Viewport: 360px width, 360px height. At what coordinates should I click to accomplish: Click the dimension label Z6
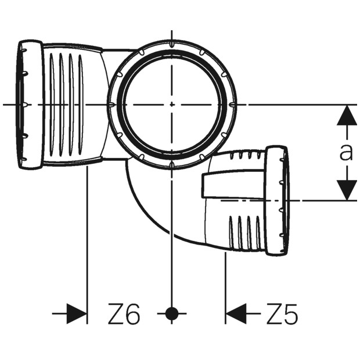pyautogui.click(x=124, y=314)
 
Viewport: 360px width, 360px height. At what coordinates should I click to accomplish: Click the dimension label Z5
pyautogui.click(x=282, y=314)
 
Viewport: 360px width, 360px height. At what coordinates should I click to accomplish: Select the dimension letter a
pyautogui.click(x=346, y=152)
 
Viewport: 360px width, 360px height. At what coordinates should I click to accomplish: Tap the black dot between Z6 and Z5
pyautogui.click(x=172, y=314)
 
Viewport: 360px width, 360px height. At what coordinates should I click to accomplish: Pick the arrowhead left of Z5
pyautogui.click(x=236, y=314)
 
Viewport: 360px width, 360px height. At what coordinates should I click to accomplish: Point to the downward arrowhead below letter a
pyautogui.click(x=347, y=190)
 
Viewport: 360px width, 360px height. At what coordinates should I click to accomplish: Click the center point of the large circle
pyautogui.click(x=172, y=105)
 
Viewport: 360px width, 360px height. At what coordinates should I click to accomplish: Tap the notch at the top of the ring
pyautogui.click(x=172, y=44)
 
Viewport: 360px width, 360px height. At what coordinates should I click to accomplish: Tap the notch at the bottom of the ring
pyautogui.click(x=172, y=165)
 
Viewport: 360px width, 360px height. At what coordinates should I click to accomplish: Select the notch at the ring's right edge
pyautogui.click(x=233, y=105)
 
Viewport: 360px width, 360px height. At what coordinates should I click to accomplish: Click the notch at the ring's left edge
pyautogui.click(x=111, y=105)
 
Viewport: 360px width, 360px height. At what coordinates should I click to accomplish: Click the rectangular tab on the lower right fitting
pyautogui.click(x=232, y=183)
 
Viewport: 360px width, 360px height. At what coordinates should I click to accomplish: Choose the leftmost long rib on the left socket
pyautogui.click(x=52, y=104)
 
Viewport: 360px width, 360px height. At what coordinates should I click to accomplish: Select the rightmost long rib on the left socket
pyautogui.click(x=81, y=104)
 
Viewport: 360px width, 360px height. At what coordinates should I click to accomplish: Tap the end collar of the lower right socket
pyautogui.click(x=276, y=201)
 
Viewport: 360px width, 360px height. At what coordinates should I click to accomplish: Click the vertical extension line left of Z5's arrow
pyautogui.click(x=225, y=288)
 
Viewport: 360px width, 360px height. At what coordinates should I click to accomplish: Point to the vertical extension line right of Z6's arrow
pyautogui.click(x=87, y=245)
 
